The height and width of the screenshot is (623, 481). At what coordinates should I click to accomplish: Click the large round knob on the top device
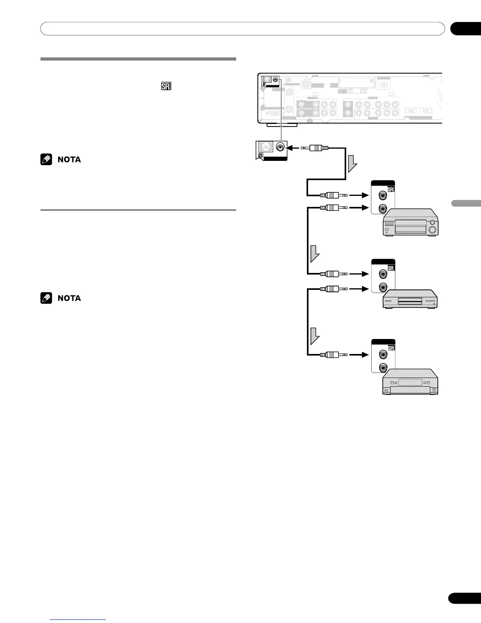coord(432,230)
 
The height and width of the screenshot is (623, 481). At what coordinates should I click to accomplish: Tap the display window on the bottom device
coord(410,382)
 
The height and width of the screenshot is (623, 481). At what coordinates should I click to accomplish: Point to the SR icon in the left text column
coord(166,86)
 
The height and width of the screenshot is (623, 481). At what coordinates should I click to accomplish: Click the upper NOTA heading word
coord(69,160)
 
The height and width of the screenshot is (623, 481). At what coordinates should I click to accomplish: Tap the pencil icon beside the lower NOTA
coord(46,298)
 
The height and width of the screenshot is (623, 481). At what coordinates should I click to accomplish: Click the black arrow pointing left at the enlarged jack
coord(293,148)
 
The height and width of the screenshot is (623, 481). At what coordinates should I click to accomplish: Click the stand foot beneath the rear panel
coord(282,125)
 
